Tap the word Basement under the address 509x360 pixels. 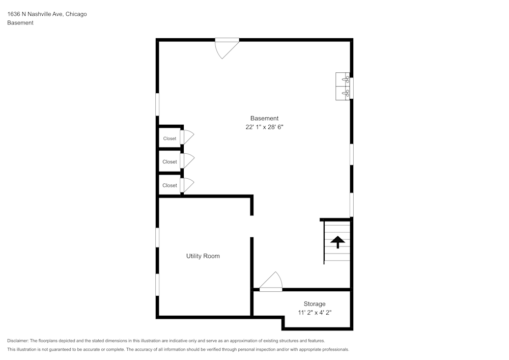coord(20,23)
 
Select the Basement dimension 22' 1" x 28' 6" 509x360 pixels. coord(264,128)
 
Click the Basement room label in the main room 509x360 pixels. coord(264,118)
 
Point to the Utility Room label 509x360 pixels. coord(203,256)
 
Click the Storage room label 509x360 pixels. coord(315,304)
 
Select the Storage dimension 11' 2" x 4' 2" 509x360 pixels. coord(315,313)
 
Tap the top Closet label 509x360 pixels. coord(169,139)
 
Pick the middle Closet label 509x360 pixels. coord(169,162)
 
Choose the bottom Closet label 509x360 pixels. coord(169,186)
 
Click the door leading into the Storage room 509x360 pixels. coord(272,282)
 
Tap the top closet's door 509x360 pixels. coord(187,137)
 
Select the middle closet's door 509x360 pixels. coord(187,161)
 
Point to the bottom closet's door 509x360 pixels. coord(187,185)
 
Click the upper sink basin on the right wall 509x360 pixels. coord(342,79)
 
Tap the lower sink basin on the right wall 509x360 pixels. coord(342,93)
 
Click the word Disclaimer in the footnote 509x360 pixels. coord(18,341)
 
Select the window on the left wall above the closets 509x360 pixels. coord(157,104)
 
